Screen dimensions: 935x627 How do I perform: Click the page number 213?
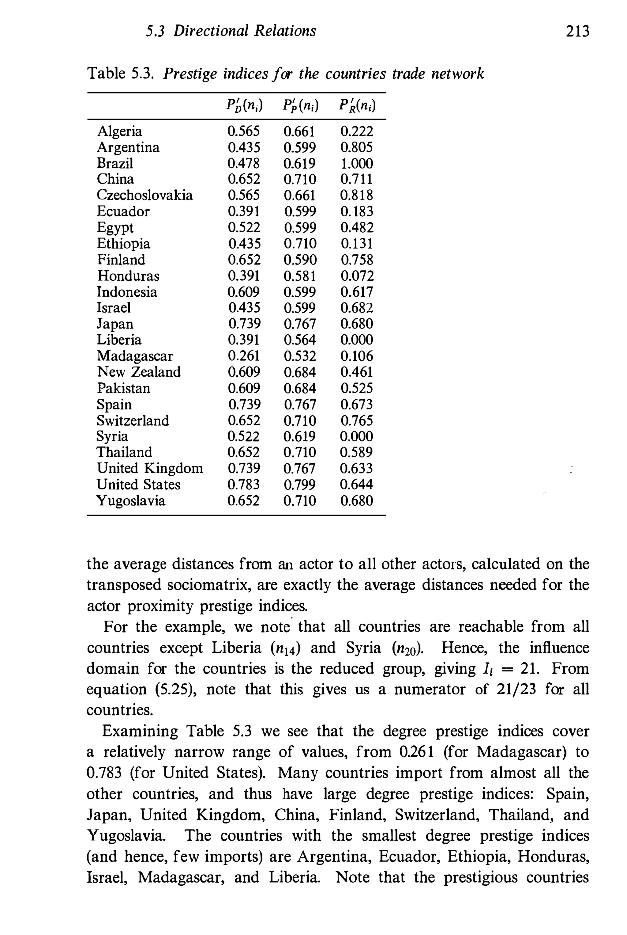tap(577, 31)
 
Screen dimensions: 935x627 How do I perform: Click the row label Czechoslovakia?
tap(145, 195)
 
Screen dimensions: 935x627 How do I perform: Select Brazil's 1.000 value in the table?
tap(356, 163)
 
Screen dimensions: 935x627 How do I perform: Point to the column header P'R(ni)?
tap(357, 106)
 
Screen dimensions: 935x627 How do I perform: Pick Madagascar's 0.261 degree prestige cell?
tap(243, 356)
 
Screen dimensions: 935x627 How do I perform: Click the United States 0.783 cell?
tap(243, 484)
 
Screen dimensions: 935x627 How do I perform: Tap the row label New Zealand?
tap(139, 372)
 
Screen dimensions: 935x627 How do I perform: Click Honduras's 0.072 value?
tap(357, 276)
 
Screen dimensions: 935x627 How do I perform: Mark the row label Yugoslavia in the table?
tap(131, 500)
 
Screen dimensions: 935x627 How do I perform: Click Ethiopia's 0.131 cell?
tap(357, 243)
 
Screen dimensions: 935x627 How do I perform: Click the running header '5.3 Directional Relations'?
tap(231, 31)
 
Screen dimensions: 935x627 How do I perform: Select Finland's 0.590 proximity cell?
tap(300, 260)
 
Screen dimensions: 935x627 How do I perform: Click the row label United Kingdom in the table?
tap(149, 468)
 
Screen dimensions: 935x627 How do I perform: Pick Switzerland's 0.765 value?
tap(357, 420)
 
